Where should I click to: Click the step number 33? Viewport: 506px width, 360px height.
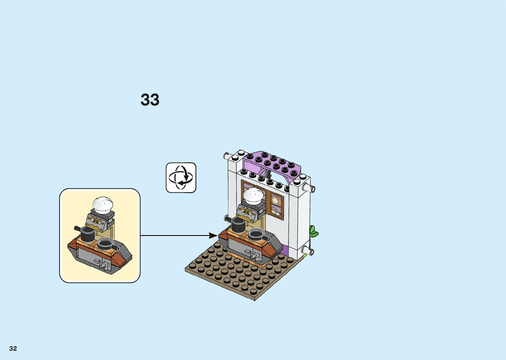150,100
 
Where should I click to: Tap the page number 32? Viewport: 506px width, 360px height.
13,348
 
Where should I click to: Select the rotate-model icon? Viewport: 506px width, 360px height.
181,178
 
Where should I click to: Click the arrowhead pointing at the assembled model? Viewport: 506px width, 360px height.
213,236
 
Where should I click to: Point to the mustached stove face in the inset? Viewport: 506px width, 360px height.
96,222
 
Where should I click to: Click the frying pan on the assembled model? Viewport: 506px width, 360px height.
256,234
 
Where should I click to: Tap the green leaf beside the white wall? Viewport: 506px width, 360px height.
313,231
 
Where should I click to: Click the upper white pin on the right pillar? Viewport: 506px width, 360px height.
310,189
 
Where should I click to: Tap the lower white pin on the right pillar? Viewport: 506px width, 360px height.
310,251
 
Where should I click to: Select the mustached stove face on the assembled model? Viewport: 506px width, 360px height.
247,212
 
